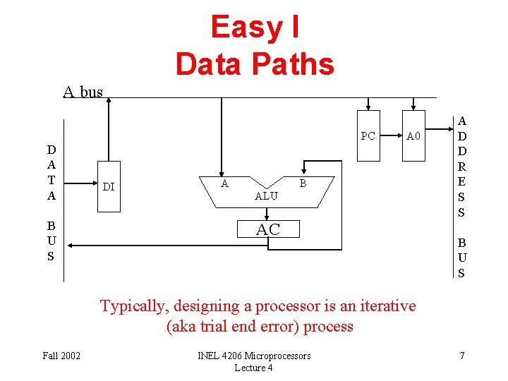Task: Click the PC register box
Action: click(x=368, y=136)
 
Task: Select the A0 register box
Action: click(x=413, y=136)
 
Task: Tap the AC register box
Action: click(x=267, y=229)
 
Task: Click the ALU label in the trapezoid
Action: click(x=266, y=196)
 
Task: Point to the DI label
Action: click(x=109, y=187)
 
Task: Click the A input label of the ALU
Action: click(x=224, y=183)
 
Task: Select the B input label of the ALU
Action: click(x=303, y=183)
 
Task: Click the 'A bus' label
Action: click(x=83, y=92)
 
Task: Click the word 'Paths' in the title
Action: click(x=296, y=64)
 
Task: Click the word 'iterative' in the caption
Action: click(x=387, y=306)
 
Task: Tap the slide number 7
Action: click(x=461, y=356)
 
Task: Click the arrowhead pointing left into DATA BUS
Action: click(x=73, y=246)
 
